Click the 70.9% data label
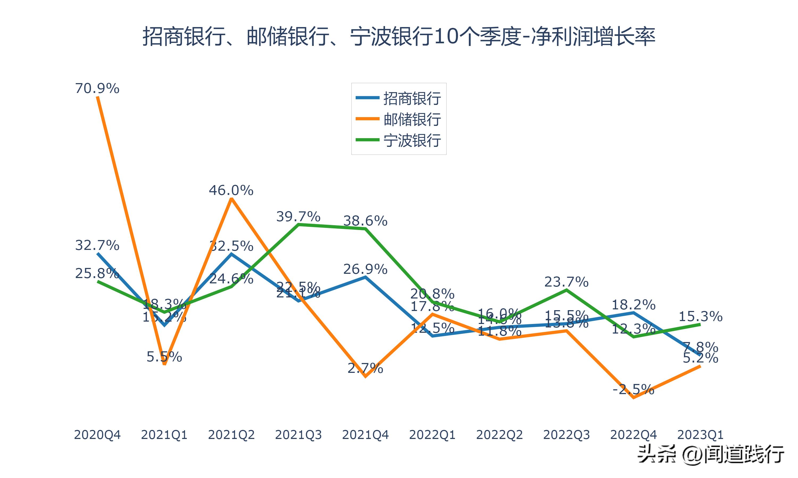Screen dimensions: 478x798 [x=97, y=88]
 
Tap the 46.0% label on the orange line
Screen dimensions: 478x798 [x=231, y=190]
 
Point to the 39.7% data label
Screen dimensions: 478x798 [x=298, y=216]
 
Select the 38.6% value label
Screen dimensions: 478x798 [x=365, y=221]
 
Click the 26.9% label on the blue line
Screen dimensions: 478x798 [x=365, y=269]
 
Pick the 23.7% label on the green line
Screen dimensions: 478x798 [x=566, y=282]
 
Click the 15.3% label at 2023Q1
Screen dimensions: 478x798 [x=700, y=317]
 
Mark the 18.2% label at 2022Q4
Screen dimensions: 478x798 [x=633, y=305]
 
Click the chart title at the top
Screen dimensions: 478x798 [x=399, y=36]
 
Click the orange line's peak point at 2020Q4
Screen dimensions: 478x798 [x=98, y=97]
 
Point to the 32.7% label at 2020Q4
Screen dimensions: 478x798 [x=97, y=245]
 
